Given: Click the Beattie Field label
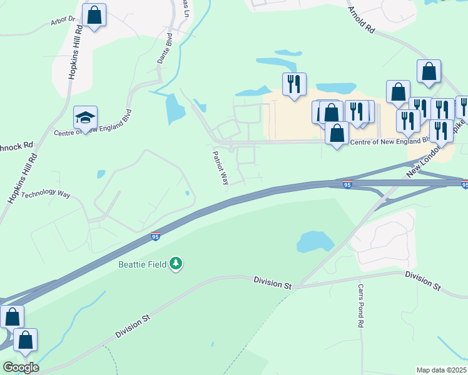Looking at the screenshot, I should tap(143, 264).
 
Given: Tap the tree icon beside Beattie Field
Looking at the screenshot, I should tap(176, 264).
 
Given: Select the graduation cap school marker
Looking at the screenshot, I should tap(85, 117).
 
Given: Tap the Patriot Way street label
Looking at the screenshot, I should tap(220, 167).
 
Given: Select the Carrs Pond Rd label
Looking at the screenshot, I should tap(360, 306).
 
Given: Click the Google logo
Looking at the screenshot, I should tap(20, 367).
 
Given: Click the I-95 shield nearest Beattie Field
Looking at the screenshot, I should tap(155, 236).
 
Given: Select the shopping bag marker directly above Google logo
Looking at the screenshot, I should tap(25, 341).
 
